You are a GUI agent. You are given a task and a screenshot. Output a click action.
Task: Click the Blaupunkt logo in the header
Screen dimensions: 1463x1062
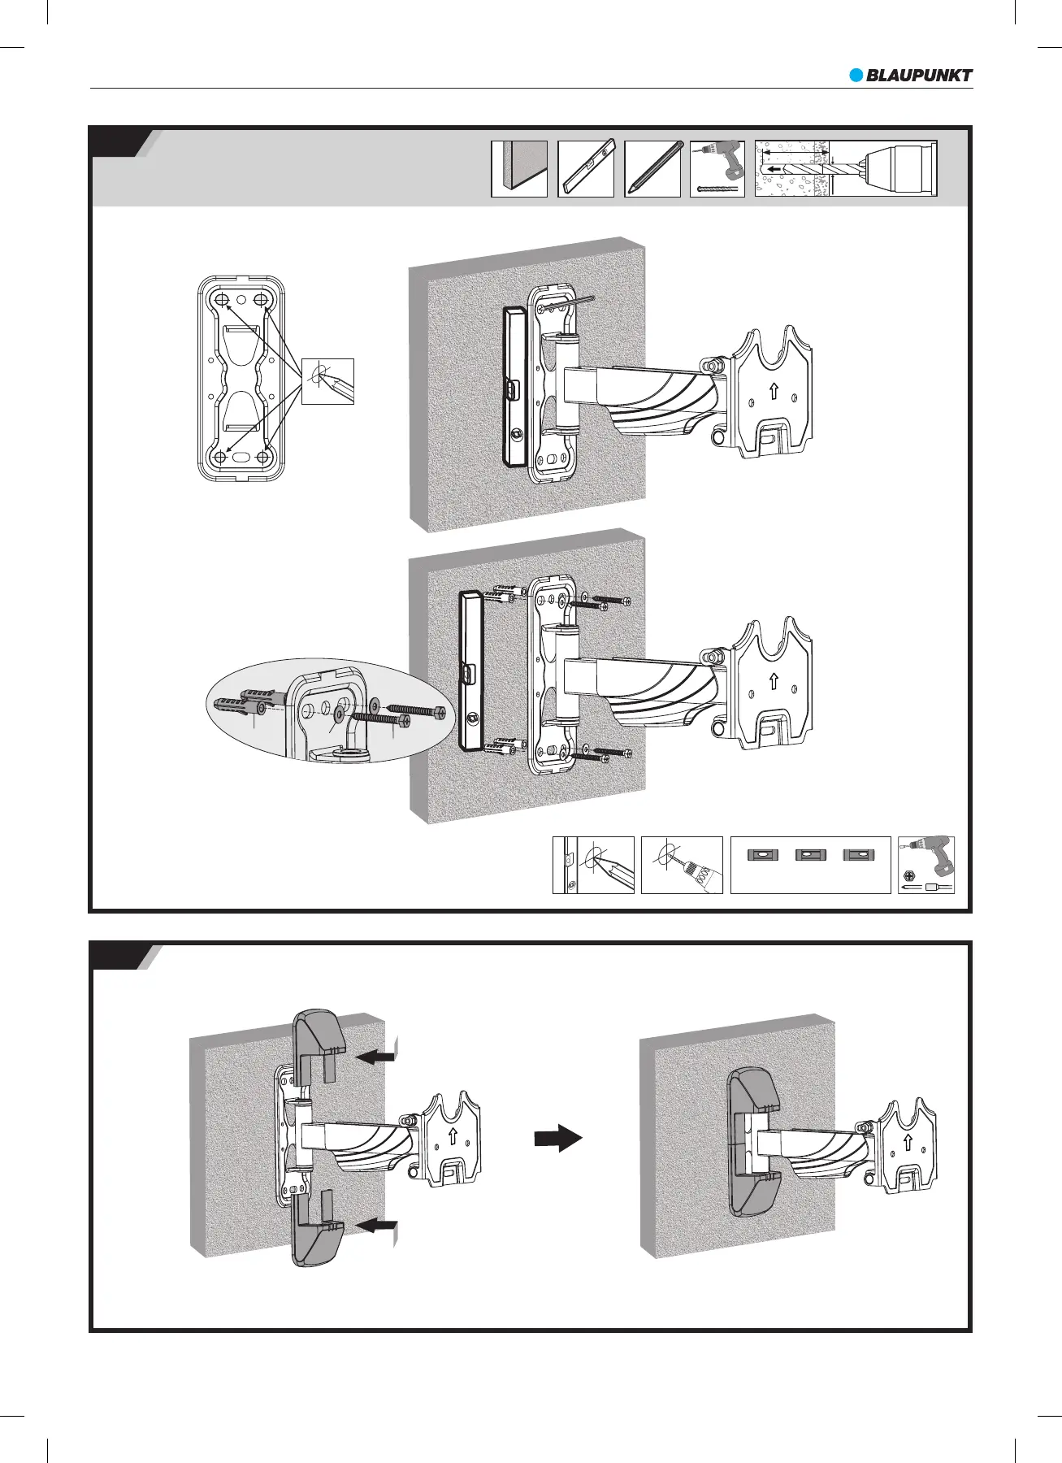click(911, 76)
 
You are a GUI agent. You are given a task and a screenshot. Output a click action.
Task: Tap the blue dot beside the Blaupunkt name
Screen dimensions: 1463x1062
click(856, 76)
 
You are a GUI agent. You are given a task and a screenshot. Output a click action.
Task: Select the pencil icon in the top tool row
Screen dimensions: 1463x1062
click(652, 168)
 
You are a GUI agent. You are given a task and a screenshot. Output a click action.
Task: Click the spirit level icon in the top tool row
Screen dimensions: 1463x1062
click(586, 168)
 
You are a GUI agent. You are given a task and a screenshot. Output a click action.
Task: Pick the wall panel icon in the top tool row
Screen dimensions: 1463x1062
click(519, 168)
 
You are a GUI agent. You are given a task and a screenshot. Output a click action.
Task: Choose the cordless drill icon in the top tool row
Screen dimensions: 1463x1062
click(717, 163)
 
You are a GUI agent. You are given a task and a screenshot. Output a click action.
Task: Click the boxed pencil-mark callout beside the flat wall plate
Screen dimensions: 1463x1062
click(327, 380)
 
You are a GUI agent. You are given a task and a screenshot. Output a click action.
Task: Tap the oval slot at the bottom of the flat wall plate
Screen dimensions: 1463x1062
click(241, 458)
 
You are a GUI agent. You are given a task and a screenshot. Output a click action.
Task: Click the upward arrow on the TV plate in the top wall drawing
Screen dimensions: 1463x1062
click(774, 393)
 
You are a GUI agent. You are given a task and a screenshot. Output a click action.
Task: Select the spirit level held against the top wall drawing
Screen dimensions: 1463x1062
click(514, 386)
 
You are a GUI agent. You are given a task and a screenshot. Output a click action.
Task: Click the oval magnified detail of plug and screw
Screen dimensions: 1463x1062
click(325, 710)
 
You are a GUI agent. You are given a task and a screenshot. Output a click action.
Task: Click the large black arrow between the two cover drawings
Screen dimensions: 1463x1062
click(558, 1139)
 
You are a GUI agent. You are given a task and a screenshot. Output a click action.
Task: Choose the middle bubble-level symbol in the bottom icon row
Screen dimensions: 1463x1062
click(811, 855)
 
